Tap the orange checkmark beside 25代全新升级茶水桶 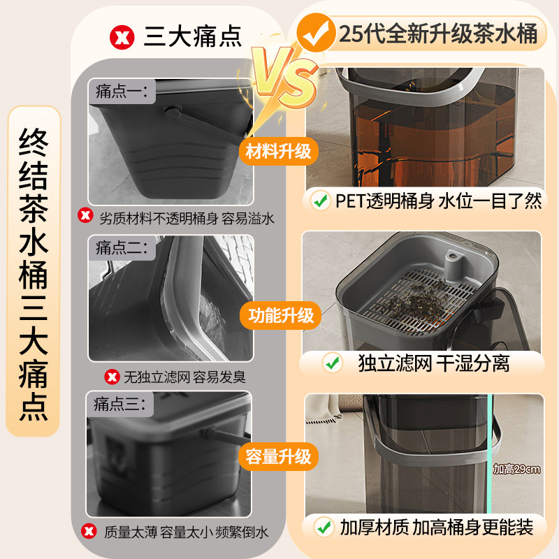pos(314,32)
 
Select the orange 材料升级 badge pos(279,151)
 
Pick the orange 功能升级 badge pos(279,315)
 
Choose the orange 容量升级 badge pos(279,457)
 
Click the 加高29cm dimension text pos(516,469)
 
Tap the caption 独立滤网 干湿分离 pos(433,363)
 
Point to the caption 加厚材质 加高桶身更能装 pos(437,527)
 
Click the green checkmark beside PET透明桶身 pos(321,201)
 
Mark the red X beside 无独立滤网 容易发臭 pos(111,377)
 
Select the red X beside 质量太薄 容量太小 pos(89,532)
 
